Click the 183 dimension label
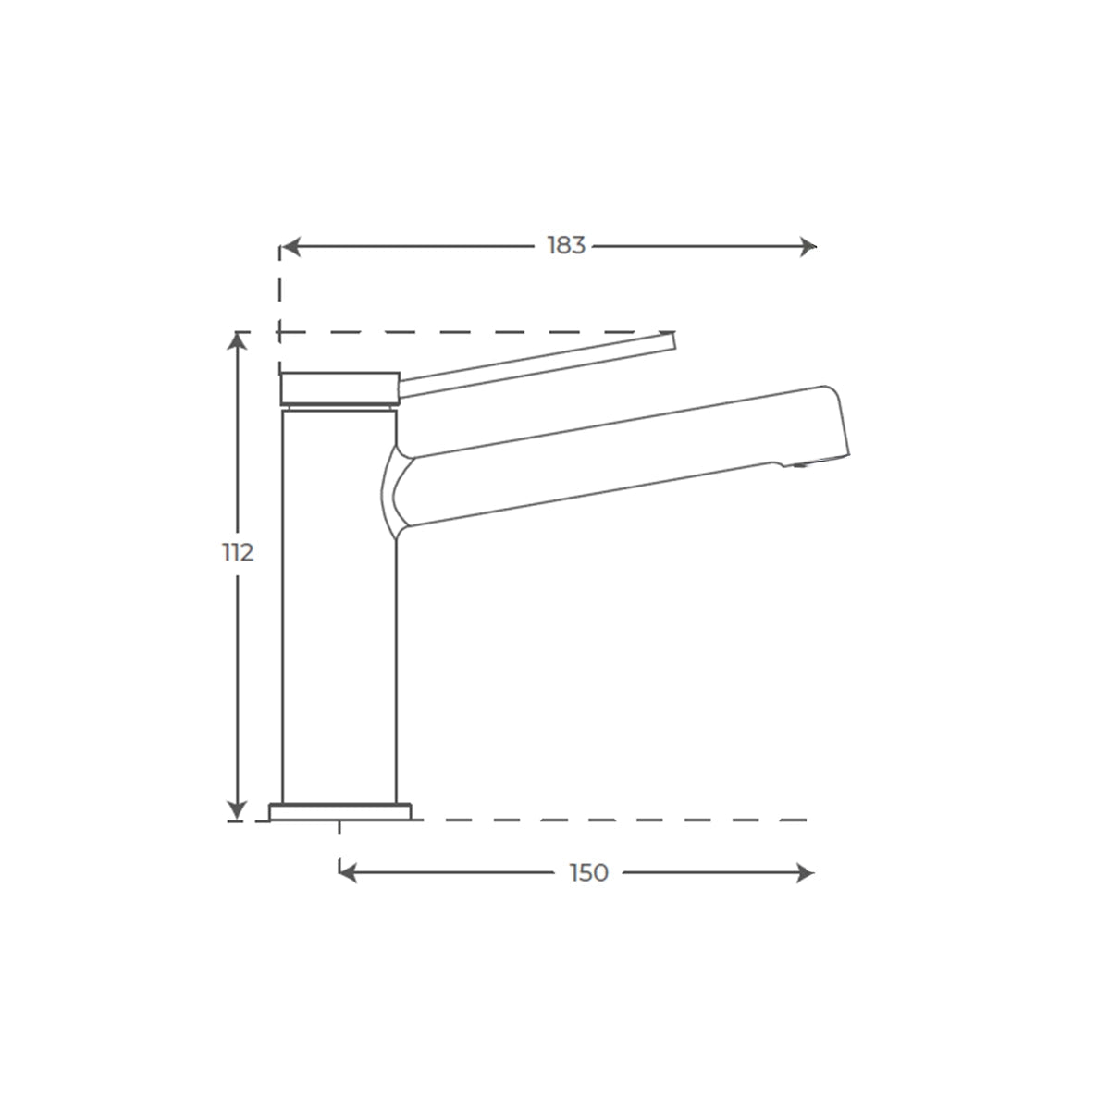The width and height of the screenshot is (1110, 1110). (x=566, y=245)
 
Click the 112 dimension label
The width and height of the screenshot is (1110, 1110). (x=238, y=553)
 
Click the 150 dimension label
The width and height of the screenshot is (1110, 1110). (x=589, y=872)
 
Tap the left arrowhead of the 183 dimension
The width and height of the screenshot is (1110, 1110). (x=290, y=247)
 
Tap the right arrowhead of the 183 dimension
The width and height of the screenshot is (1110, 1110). (x=808, y=247)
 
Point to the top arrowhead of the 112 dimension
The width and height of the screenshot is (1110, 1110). (x=238, y=341)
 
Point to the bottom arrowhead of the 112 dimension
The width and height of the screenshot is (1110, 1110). (x=238, y=810)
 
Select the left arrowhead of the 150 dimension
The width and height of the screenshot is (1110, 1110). (x=348, y=872)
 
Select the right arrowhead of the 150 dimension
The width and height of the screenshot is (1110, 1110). (x=805, y=872)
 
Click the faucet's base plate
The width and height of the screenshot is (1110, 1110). (x=339, y=811)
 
